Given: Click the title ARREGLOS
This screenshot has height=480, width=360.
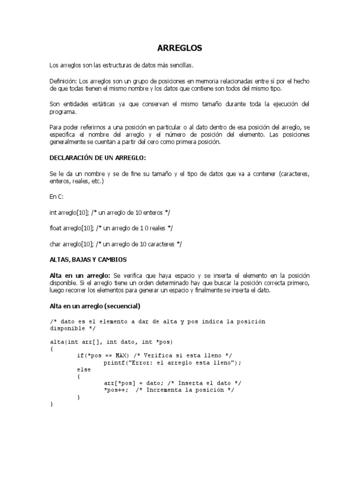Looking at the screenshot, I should tap(180, 48).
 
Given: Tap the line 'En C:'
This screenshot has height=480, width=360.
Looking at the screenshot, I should tap(57, 197).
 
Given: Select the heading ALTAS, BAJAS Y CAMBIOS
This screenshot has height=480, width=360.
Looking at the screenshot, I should tap(88, 259).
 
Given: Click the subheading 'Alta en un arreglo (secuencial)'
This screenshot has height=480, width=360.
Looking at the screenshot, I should tap(95, 306).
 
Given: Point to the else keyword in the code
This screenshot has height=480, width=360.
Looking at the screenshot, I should tap(84, 369).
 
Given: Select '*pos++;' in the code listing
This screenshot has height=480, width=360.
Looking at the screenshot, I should tap(116, 390).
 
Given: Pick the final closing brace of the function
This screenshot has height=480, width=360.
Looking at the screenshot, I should tap(51, 404).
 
